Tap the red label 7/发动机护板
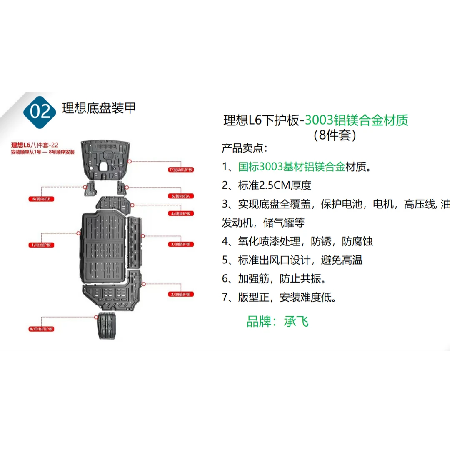point(181,170)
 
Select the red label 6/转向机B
point(41,199)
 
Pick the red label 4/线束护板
point(181,213)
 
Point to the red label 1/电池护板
point(41,245)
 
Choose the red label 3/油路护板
point(181,244)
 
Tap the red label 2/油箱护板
point(181,294)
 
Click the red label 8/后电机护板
point(41,329)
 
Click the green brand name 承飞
point(296,322)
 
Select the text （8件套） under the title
point(335,135)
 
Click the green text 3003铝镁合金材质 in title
point(356,120)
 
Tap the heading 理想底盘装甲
point(99,108)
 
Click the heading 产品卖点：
point(245,148)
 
